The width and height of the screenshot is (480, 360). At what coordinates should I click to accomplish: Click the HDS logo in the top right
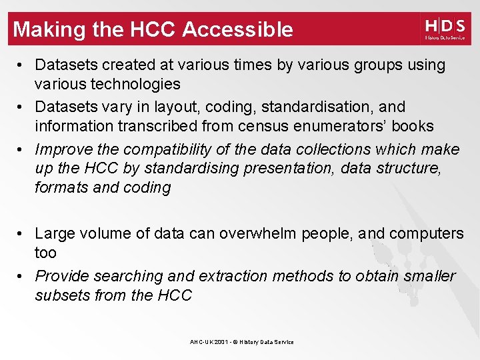pos(445,29)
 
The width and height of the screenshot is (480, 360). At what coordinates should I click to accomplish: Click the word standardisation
pos(319,107)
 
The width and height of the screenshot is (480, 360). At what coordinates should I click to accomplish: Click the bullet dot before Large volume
pos(22,233)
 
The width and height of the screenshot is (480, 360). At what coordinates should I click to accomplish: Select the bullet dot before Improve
pos(22,149)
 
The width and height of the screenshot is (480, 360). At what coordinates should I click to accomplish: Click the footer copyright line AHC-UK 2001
pos(241,342)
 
